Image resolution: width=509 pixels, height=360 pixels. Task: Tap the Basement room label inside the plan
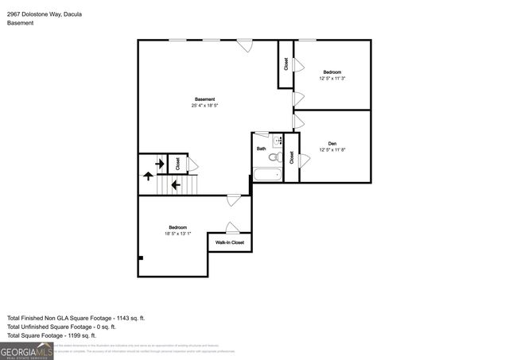click(x=204, y=99)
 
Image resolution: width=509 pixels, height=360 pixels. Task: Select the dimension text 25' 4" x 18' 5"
click(x=204, y=106)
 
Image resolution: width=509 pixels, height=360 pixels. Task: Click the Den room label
click(x=332, y=143)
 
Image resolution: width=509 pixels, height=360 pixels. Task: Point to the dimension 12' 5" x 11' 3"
click(x=332, y=78)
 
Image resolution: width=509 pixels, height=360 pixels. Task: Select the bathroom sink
click(x=278, y=141)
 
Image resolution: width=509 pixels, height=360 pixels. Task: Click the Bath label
click(x=261, y=149)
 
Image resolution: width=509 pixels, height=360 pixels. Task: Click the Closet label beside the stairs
click(x=177, y=163)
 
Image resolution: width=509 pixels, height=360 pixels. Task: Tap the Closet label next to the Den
click(x=291, y=157)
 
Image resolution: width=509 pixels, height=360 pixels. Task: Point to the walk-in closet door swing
click(x=230, y=227)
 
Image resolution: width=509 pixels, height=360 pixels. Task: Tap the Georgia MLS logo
click(x=27, y=350)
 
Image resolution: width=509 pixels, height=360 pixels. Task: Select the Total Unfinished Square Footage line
click(x=62, y=326)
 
